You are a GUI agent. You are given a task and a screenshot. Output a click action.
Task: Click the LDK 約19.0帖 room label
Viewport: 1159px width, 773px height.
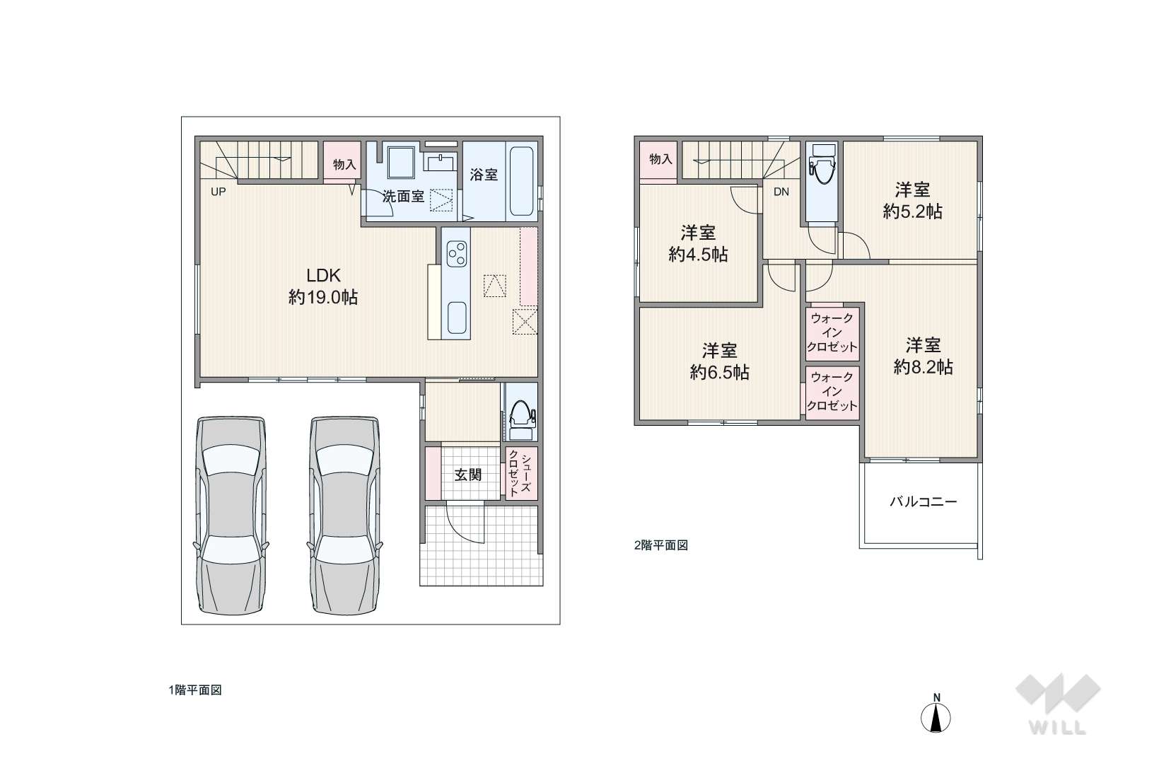tap(323, 286)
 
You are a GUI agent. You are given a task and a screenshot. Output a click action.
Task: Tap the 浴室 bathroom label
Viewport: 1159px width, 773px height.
tap(484, 175)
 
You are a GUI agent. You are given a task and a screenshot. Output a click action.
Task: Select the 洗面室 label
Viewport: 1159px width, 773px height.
tap(404, 196)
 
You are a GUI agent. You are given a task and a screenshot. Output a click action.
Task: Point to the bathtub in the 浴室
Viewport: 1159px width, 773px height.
tap(522, 181)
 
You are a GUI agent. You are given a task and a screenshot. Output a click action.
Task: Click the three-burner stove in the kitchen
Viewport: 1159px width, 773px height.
tap(456, 253)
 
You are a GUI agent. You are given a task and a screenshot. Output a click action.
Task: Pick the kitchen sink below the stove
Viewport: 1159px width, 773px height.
tap(458, 318)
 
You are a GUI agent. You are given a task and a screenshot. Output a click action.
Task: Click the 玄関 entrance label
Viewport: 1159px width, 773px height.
tap(467, 475)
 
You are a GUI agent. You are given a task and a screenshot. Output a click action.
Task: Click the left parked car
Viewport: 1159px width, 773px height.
tap(231, 516)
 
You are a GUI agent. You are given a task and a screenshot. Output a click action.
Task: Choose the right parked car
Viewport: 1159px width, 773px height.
tap(344, 516)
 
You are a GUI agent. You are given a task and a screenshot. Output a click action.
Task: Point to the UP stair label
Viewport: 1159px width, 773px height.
tap(218, 192)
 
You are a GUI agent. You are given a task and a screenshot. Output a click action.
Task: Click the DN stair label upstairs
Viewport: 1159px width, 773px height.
tap(781, 192)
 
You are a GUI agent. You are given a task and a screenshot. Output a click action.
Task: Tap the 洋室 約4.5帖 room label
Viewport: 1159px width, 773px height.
tap(698, 243)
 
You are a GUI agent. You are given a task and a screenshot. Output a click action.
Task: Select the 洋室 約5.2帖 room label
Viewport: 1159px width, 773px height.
tap(912, 200)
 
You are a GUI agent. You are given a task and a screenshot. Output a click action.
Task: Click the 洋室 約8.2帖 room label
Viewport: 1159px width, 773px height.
tap(923, 356)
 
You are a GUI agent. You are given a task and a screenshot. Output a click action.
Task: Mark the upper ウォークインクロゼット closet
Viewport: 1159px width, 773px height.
tap(832, 332)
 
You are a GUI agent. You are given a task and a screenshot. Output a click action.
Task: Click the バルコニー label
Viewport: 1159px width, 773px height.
tap(923, 501)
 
